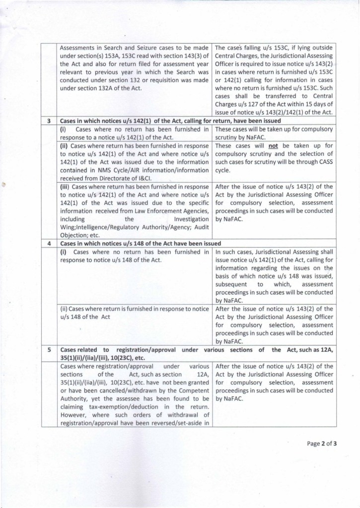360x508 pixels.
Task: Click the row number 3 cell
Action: (49, 121)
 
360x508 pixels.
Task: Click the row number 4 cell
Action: (49, 244)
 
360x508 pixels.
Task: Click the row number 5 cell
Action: (49, 350)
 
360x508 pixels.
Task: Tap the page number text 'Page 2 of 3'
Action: (322, 444)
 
